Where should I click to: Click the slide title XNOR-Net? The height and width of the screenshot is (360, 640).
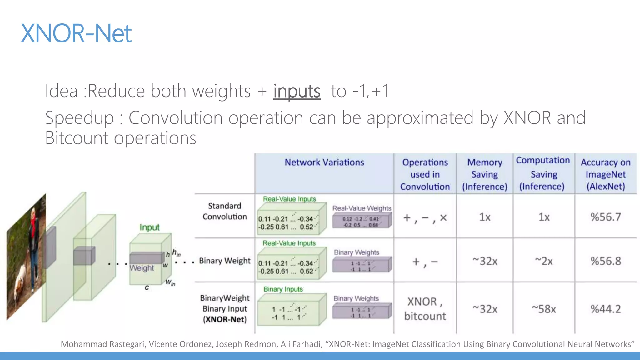[x=76, y=33]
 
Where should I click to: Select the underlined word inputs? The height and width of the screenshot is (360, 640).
[x=297, y=91]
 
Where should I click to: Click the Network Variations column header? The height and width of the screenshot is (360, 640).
[x=324, y=162]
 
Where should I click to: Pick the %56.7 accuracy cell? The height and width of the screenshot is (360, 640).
[x=606, y=217]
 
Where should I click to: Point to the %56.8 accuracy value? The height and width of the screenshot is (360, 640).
[x=606, y=261]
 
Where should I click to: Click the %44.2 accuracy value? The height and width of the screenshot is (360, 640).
[x=606, y=309]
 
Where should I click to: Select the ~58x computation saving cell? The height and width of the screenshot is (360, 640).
[x=544, y=309]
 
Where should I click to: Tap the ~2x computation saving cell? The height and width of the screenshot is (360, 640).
[x=544, y=261]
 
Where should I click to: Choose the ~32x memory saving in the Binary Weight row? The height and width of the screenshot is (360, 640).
[x=485, y=261]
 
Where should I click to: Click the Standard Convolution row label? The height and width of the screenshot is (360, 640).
[x=225, y=211]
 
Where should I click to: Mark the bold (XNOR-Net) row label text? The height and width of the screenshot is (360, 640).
[x=225, y=319]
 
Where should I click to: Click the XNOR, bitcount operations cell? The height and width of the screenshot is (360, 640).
[x=425, y=309]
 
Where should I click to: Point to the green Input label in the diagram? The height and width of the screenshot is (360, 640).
[x=149, y=227]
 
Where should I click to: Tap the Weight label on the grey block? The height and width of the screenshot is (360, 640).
[x=142, y=268]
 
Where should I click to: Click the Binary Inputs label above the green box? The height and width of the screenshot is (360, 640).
[x=283, y=289]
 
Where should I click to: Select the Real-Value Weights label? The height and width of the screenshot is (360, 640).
[x=362, y=208]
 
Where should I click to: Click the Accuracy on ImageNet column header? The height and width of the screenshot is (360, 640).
[x=606, y=174]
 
